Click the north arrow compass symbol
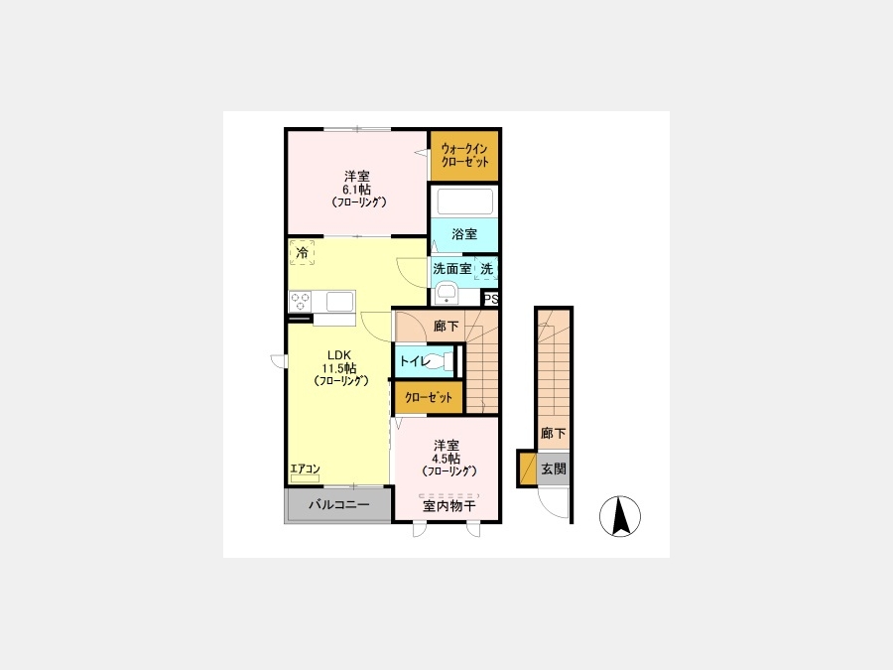[x=620, y=516]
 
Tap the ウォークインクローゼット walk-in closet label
[x=464, y=155]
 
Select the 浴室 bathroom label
[x=464, y=234]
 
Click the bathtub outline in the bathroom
[x=464, y=201]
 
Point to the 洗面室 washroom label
[x=452, y=268]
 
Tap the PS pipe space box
[x=491, y=299]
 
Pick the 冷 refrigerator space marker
[x=302, y=252]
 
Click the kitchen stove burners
[x=300, y=302]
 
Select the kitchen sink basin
[x=339, y=302]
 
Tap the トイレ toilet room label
[x=415, y=361]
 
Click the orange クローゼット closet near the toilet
[x=429, y=397]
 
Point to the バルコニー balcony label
[x=339, y=504]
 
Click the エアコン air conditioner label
[x=305, y=469]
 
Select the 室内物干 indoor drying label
[x=448, y=506]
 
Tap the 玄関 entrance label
[x=553, y=469]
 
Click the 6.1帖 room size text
[x=356, y=190]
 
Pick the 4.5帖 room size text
[x=446, y=459]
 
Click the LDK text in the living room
[x=339, y=355]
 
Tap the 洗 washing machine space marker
[x=486, y=268]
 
